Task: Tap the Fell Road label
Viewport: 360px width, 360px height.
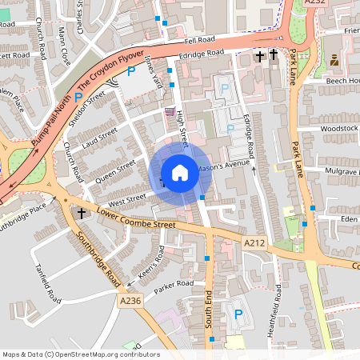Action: click(x=200, y=39)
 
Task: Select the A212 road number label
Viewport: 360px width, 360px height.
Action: click(x=254, y=242)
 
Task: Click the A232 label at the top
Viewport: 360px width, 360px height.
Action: click(x=317, y=3)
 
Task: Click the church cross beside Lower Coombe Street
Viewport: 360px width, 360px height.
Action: click(x=82, y=214)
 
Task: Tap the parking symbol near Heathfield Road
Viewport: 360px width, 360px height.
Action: click(x=238, y=314)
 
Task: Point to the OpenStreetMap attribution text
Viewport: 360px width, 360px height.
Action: click(x=81, y=354)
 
